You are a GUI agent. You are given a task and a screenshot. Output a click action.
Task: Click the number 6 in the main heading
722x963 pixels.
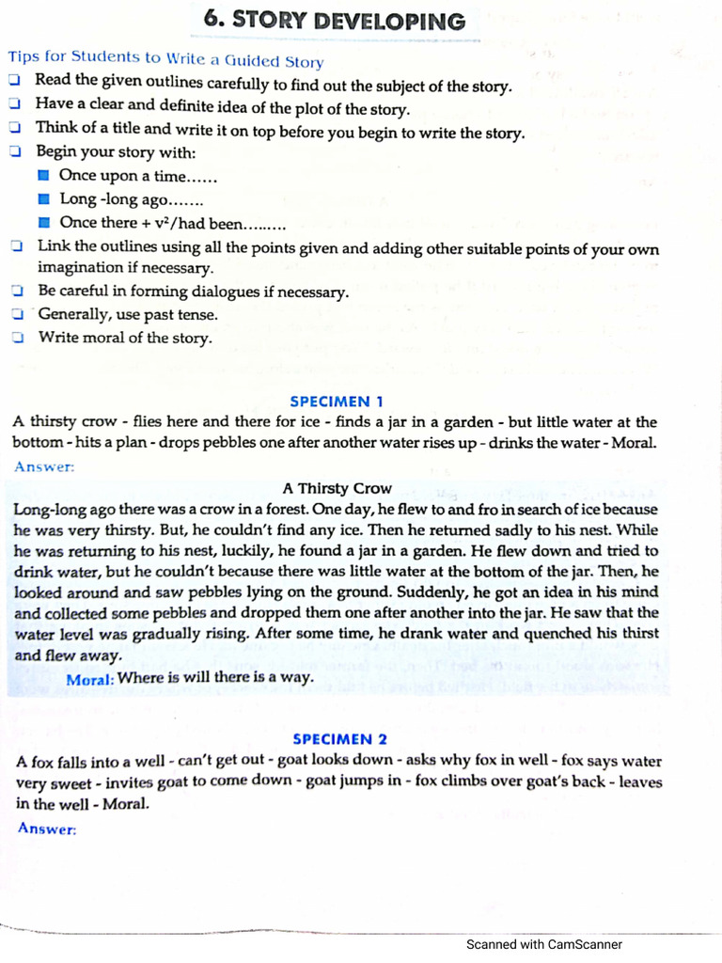(x=212, y=21)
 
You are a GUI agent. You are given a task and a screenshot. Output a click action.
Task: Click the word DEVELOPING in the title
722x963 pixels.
(x=385, y=21)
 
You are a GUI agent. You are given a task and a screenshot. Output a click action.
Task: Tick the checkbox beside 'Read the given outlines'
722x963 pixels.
(x=15, y=84)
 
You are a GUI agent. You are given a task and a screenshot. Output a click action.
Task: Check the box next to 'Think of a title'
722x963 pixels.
(x=15, y=129)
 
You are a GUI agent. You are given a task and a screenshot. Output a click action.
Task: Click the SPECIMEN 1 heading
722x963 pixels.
(x=337, y=401)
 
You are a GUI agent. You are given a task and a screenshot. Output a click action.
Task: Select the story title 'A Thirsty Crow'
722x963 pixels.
(x=337, y=488)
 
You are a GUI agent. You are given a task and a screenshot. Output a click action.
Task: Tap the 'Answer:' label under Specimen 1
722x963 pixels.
(x=43, y=466)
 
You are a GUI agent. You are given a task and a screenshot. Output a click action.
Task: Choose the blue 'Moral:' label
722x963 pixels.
(x=90, y=678)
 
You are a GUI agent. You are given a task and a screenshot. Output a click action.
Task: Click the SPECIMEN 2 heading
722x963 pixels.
(x=339, y=739)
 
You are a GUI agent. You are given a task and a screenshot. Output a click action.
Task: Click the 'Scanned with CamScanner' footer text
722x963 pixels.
(x=543, y=944)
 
